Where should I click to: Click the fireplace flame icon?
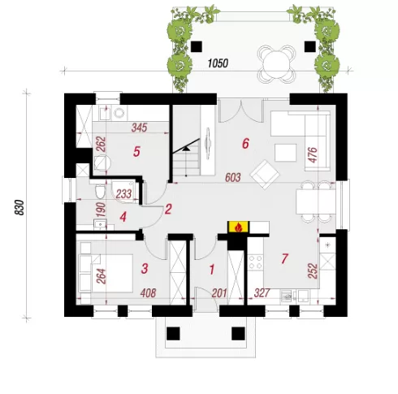coord(238,227)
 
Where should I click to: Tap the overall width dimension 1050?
coord(218,63)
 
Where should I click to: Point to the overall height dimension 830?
coord(19,207)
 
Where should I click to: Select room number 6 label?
coord(245,144)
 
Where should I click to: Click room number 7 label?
coord(284,258)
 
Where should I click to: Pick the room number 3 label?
coord(145,269)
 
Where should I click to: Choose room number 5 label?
coord(136,152)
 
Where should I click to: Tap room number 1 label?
coord(212,270)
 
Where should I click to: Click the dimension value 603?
coord(233,178)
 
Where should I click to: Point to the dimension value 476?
coord(313,155)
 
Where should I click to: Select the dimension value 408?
coord(149,293)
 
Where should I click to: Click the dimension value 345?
coord(139,128)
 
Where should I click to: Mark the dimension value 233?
coord(123,194)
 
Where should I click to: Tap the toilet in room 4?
coord(100,191)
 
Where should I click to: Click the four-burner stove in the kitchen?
coord(255,262)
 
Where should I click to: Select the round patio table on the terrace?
coord(276,64)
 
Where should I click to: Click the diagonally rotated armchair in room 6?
coord(265,175)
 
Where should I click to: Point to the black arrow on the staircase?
coord(186,148)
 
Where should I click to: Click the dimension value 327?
coord(262,293)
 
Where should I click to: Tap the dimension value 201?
coord(219,293)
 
